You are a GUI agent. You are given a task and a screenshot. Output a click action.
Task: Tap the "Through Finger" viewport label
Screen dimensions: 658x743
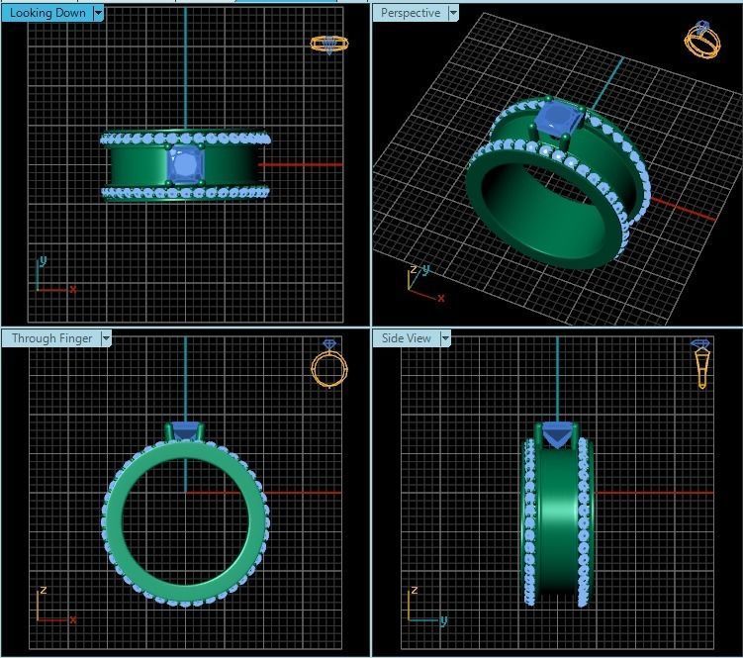51,338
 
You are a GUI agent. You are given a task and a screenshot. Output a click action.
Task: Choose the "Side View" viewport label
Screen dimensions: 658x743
406,338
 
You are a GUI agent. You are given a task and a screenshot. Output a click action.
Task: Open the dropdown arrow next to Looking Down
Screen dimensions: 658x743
98,13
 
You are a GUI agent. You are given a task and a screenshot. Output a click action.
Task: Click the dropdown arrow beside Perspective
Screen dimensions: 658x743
453,13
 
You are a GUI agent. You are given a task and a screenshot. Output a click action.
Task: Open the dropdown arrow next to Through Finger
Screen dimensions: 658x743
106,338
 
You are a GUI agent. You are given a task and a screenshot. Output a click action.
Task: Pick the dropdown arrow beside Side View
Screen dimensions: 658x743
445,338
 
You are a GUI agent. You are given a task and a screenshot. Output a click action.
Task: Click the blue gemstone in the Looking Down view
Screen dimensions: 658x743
184,165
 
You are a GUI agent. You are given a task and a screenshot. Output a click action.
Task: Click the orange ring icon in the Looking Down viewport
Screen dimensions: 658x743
329,44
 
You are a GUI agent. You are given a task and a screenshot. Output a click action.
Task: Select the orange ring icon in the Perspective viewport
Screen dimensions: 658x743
701,40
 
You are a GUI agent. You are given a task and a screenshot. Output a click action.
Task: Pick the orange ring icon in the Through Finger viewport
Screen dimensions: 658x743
329,363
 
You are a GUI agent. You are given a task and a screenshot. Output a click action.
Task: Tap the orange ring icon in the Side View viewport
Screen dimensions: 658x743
701,362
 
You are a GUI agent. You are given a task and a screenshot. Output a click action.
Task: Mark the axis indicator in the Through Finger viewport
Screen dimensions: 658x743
52,607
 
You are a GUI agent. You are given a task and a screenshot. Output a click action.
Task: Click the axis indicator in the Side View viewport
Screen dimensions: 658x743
423,607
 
